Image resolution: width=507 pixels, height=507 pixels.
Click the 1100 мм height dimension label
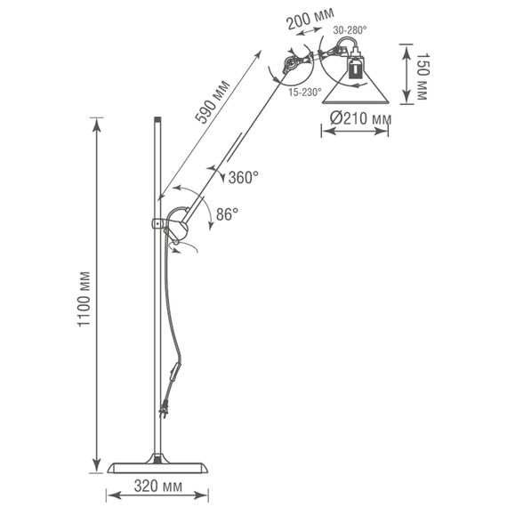pos(84,299)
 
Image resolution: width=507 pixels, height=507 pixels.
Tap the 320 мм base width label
pos(158,486)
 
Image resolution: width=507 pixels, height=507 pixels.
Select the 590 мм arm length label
pos(213,102)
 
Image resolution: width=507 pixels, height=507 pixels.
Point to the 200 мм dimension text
pos(310,19)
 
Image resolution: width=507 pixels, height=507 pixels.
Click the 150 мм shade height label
pos(422,76)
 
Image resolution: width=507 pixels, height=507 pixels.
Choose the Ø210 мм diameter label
pos(360,118)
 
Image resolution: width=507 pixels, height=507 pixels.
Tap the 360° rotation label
pos(244,177)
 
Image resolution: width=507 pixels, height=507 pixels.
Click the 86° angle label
pos(227,213)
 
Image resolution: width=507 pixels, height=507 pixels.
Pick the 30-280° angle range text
pos(350,30)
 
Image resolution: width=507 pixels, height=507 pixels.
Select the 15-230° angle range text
pos(305,93)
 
